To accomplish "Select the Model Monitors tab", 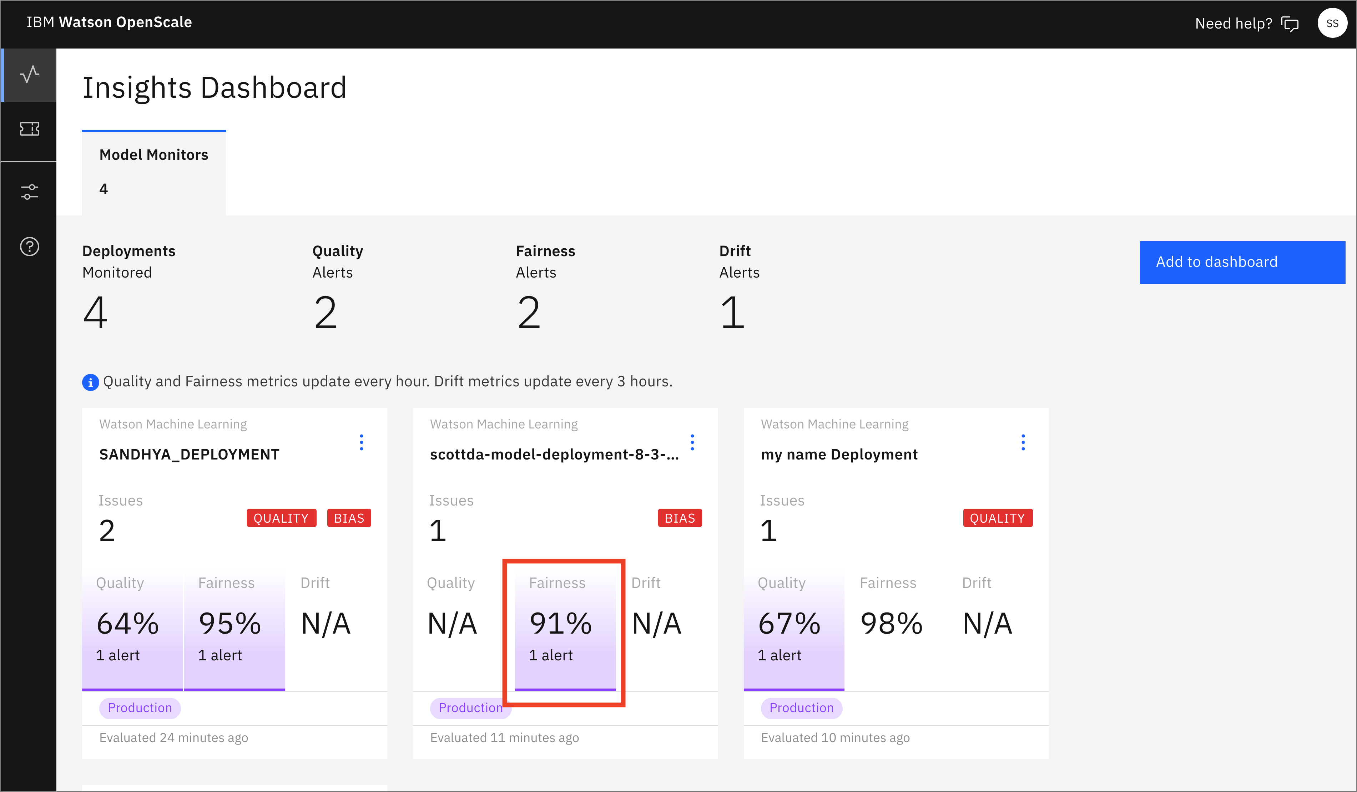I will click(153, 172).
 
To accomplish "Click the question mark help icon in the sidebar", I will click(30, 247).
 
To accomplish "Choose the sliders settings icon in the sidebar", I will click(30, 192).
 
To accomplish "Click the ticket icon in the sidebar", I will click(30, 129).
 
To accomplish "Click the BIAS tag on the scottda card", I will click(680, 518).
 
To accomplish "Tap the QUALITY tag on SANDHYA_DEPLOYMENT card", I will click(281, 518).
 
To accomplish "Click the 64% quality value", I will click(128, 624).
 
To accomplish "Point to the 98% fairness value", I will click(891, 624).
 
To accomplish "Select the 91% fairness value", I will click(561, 624).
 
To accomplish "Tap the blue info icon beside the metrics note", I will click(90, 382).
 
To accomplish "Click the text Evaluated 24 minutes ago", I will click(173, 738).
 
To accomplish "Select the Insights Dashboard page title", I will click(214, 88).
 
